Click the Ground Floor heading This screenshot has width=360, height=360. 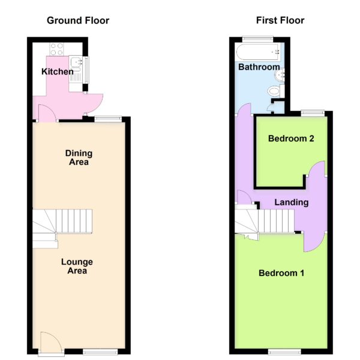click(x=78, y=20)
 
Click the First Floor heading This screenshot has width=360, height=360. click(x=280, y=20)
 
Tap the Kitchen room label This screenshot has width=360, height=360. click(x=58, y=71)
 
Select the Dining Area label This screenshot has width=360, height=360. click(x=79, y=157)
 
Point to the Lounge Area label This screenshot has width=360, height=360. click(x=77, y=266)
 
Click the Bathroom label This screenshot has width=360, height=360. click(x=259, y=67)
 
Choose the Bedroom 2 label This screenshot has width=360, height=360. click(x=291, y=139)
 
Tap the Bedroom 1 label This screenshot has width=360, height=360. click(x=281, y=273)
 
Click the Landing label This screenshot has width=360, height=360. click(x=292, y=203)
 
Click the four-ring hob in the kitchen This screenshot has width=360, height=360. click(x=57, y=49)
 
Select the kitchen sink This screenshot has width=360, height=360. click(x=76, y=69)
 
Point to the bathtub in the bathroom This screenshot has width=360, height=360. click(x=258, y=52)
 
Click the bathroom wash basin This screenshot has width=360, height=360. click(x=280, y=74)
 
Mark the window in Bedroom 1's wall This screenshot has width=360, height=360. click(x=284, y=352)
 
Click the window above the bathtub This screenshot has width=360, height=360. click(x=258, y=39)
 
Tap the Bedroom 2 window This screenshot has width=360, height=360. click(x=313, y=113)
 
